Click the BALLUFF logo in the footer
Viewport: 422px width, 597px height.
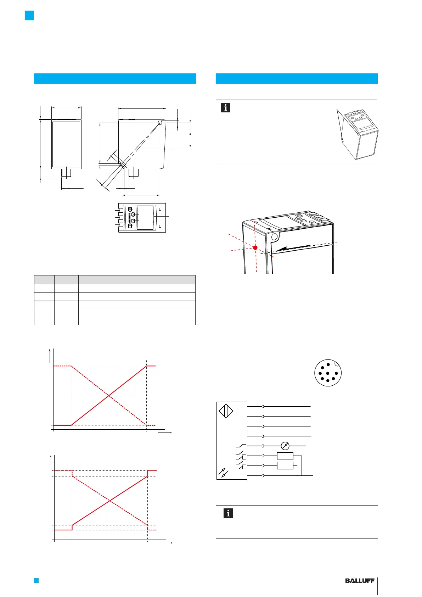tap(360, 581)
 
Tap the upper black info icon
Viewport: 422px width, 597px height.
tap(225, 107)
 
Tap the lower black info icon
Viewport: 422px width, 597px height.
tap(228, 513)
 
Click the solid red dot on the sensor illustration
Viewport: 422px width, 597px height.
tap(255, 247)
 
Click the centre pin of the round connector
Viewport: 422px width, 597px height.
tap(328, 373)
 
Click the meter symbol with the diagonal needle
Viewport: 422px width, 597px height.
tap(285, 446)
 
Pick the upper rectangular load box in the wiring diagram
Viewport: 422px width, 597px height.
tap(285, 456)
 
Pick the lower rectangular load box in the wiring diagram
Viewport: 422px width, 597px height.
tap(285, 465)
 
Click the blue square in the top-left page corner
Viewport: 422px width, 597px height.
tap(29, 15)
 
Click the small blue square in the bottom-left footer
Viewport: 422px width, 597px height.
tap(36, 580)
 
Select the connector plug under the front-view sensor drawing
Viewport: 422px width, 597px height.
tap(66, 173)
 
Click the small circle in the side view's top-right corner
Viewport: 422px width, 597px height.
tap(160, 123)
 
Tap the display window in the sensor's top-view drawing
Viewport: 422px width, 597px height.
tap(145, 217)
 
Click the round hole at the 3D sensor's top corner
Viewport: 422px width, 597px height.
tap(274, 236)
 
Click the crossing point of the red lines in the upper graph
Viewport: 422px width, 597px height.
tap(109, 395)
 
